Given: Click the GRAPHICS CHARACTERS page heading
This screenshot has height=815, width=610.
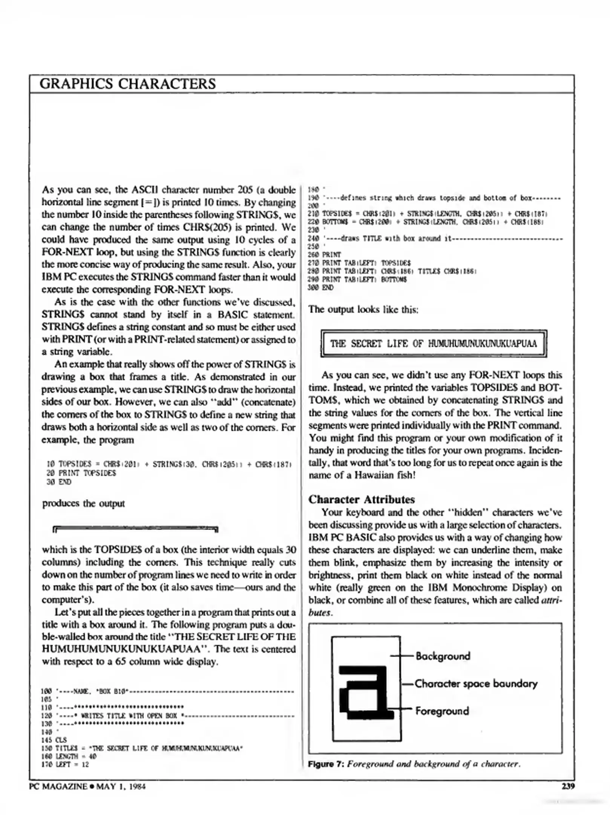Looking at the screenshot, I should click(x=127, y=84).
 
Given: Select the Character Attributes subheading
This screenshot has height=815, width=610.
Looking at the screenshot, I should click(x=361, y=500).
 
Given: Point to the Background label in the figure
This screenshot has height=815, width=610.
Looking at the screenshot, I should click(x=443, y=656).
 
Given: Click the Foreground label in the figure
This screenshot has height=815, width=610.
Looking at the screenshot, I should click(x=442, y=711).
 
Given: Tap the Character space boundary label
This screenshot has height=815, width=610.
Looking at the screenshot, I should click(x=476, y=683).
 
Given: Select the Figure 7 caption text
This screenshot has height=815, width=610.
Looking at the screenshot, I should click(x=414, y=764).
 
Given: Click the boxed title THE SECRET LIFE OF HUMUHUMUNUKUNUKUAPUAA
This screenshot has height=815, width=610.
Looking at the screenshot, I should click(x=433, y=343).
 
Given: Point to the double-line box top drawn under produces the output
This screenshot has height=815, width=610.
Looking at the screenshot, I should click(x=135, y=529).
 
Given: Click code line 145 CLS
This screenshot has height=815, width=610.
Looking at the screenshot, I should click(x=54, y=740).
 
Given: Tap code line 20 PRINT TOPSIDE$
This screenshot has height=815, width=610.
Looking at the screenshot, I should click(x=81, y=473).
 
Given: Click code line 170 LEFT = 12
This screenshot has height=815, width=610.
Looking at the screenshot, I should click(x=64, y=764).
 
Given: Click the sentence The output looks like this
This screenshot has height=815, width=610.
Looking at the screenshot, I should click(x=363, y=310).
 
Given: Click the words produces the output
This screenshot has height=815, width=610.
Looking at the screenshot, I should click(x=83, y=504).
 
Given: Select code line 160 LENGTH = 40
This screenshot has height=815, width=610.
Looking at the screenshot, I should click(x=68, y=756).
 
